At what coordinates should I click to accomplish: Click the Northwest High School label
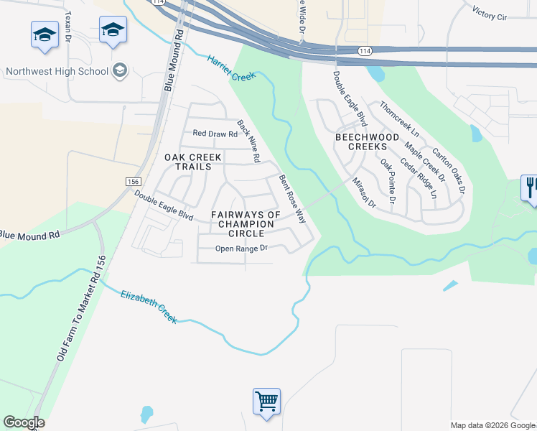point(57,71)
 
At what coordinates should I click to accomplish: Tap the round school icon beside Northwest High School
point(120,70)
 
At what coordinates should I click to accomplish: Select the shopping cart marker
point(266,401)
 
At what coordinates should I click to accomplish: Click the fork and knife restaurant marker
point(530,187)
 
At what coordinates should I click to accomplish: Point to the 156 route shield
point(133,182)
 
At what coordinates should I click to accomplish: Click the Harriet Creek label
point(231,67)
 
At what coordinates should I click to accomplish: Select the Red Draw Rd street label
point(215,134)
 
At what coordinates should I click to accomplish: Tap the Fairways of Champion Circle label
point(246,224)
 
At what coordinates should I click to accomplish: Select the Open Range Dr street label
point(241,249)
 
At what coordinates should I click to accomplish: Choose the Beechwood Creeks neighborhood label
point(357,141)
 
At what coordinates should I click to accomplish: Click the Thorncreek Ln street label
point(399,119)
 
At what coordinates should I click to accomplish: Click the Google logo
point(24,422)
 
